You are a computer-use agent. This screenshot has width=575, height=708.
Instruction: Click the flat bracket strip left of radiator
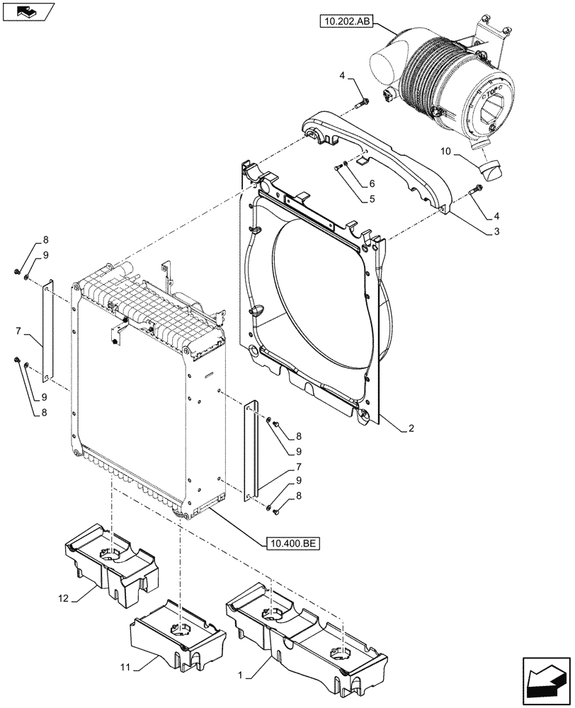point(47,329)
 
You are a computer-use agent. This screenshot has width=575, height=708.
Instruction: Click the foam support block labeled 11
point(177,634)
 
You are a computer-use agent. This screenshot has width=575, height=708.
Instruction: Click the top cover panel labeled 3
point(382,152)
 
